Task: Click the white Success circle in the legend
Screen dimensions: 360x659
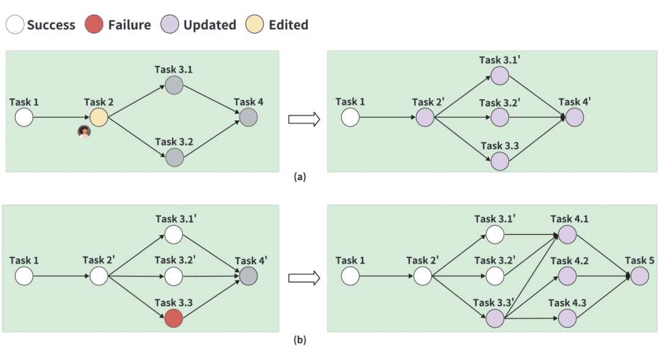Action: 16,25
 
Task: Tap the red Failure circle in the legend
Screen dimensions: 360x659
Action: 94,25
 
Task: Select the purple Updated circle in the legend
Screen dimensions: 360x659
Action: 170,25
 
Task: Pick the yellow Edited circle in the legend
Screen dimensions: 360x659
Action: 254,25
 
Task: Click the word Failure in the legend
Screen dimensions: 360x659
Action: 129,25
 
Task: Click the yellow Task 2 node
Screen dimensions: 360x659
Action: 99,117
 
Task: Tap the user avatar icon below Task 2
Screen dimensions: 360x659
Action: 84,132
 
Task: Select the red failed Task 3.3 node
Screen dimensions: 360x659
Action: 174,318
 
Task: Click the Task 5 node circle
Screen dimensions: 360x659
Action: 639,276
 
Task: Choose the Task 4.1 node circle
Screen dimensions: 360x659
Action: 567,234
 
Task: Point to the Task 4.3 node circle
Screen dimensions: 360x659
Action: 567,318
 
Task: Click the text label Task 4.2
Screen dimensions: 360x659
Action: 569,261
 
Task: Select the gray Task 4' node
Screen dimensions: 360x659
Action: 248,276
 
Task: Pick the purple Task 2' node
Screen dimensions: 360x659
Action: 425,117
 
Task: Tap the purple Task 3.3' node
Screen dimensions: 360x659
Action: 495,318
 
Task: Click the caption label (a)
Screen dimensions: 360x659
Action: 300,178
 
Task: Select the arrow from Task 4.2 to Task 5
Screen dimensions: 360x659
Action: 604,276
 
